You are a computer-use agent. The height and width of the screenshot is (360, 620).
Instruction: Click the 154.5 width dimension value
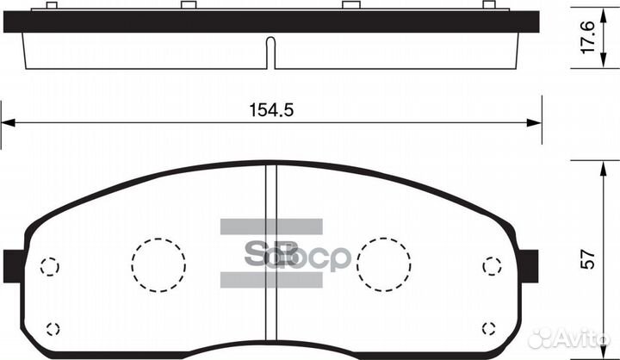point(271,110)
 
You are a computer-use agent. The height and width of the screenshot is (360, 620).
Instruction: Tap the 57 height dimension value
point(588,259)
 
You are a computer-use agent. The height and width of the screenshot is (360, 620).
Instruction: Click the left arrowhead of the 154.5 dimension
point(8,122)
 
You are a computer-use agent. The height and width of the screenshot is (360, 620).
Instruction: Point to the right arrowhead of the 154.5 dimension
point(534,122)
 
